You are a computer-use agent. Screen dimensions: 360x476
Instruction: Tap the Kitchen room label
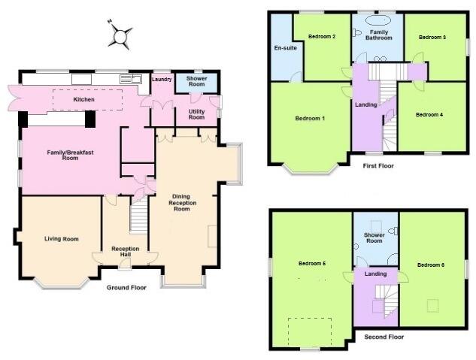[x=83, y=99]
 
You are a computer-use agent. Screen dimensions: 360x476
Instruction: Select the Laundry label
[x=162, y=79]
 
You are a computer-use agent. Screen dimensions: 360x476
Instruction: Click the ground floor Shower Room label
[x=196, y=81]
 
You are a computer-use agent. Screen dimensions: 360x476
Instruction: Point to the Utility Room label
[x=196, y=113]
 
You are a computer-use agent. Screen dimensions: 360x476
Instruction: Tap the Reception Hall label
[x=126, y=252]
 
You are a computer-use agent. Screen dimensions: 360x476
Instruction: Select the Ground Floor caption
[x=126, y=287]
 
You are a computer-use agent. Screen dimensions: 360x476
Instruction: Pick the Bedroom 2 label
[x=323, y=36]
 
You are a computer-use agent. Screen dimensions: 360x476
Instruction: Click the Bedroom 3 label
[x=433, y=36]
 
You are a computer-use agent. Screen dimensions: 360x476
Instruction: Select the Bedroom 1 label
[x=310, y=119]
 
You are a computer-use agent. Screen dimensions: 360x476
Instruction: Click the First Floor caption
[x=378, y=165]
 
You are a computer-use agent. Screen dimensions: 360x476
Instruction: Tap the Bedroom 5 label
[x=311, y=264]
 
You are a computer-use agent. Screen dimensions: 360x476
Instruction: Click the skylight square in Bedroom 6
[x=432, y=304]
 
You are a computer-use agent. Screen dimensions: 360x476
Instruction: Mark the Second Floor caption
[x=384, y=337]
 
